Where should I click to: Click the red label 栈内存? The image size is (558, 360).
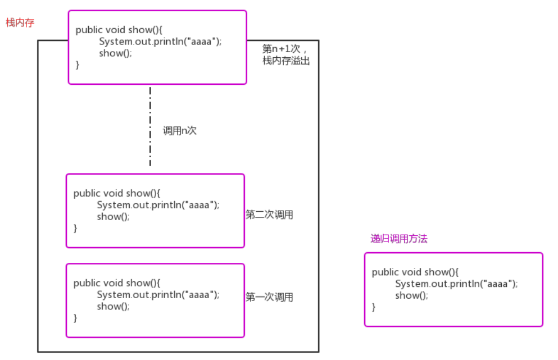click(x=20, y=23)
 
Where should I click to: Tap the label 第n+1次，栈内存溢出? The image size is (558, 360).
click(x=286, y=55)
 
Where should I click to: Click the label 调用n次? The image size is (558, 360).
click(x=180, y=131)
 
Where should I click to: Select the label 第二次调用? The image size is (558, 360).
click(x=269, y=215)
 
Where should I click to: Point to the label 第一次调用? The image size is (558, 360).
click(x=269, y=297)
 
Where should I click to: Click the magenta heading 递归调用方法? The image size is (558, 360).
click(x=399, y=239)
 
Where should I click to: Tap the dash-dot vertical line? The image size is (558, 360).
click(x=150, y=126)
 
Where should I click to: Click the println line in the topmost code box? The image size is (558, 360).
click(x=160, y=42)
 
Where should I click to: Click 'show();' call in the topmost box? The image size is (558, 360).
click(x=115, y=53)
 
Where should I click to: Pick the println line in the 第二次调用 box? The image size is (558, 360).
click(x=158, y=205)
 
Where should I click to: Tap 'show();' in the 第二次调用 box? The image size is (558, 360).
click(x=113, y=217)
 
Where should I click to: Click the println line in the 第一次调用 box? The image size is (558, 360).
click(x=158, y=295)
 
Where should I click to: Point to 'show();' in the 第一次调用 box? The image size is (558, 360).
click(x=113, y=307)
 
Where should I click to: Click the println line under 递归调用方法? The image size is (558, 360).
click(x=456, y=284)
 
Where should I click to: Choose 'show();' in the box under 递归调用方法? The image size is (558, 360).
click(x=411, y=296)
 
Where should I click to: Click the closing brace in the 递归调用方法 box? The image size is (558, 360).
click(x=374, y=307)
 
